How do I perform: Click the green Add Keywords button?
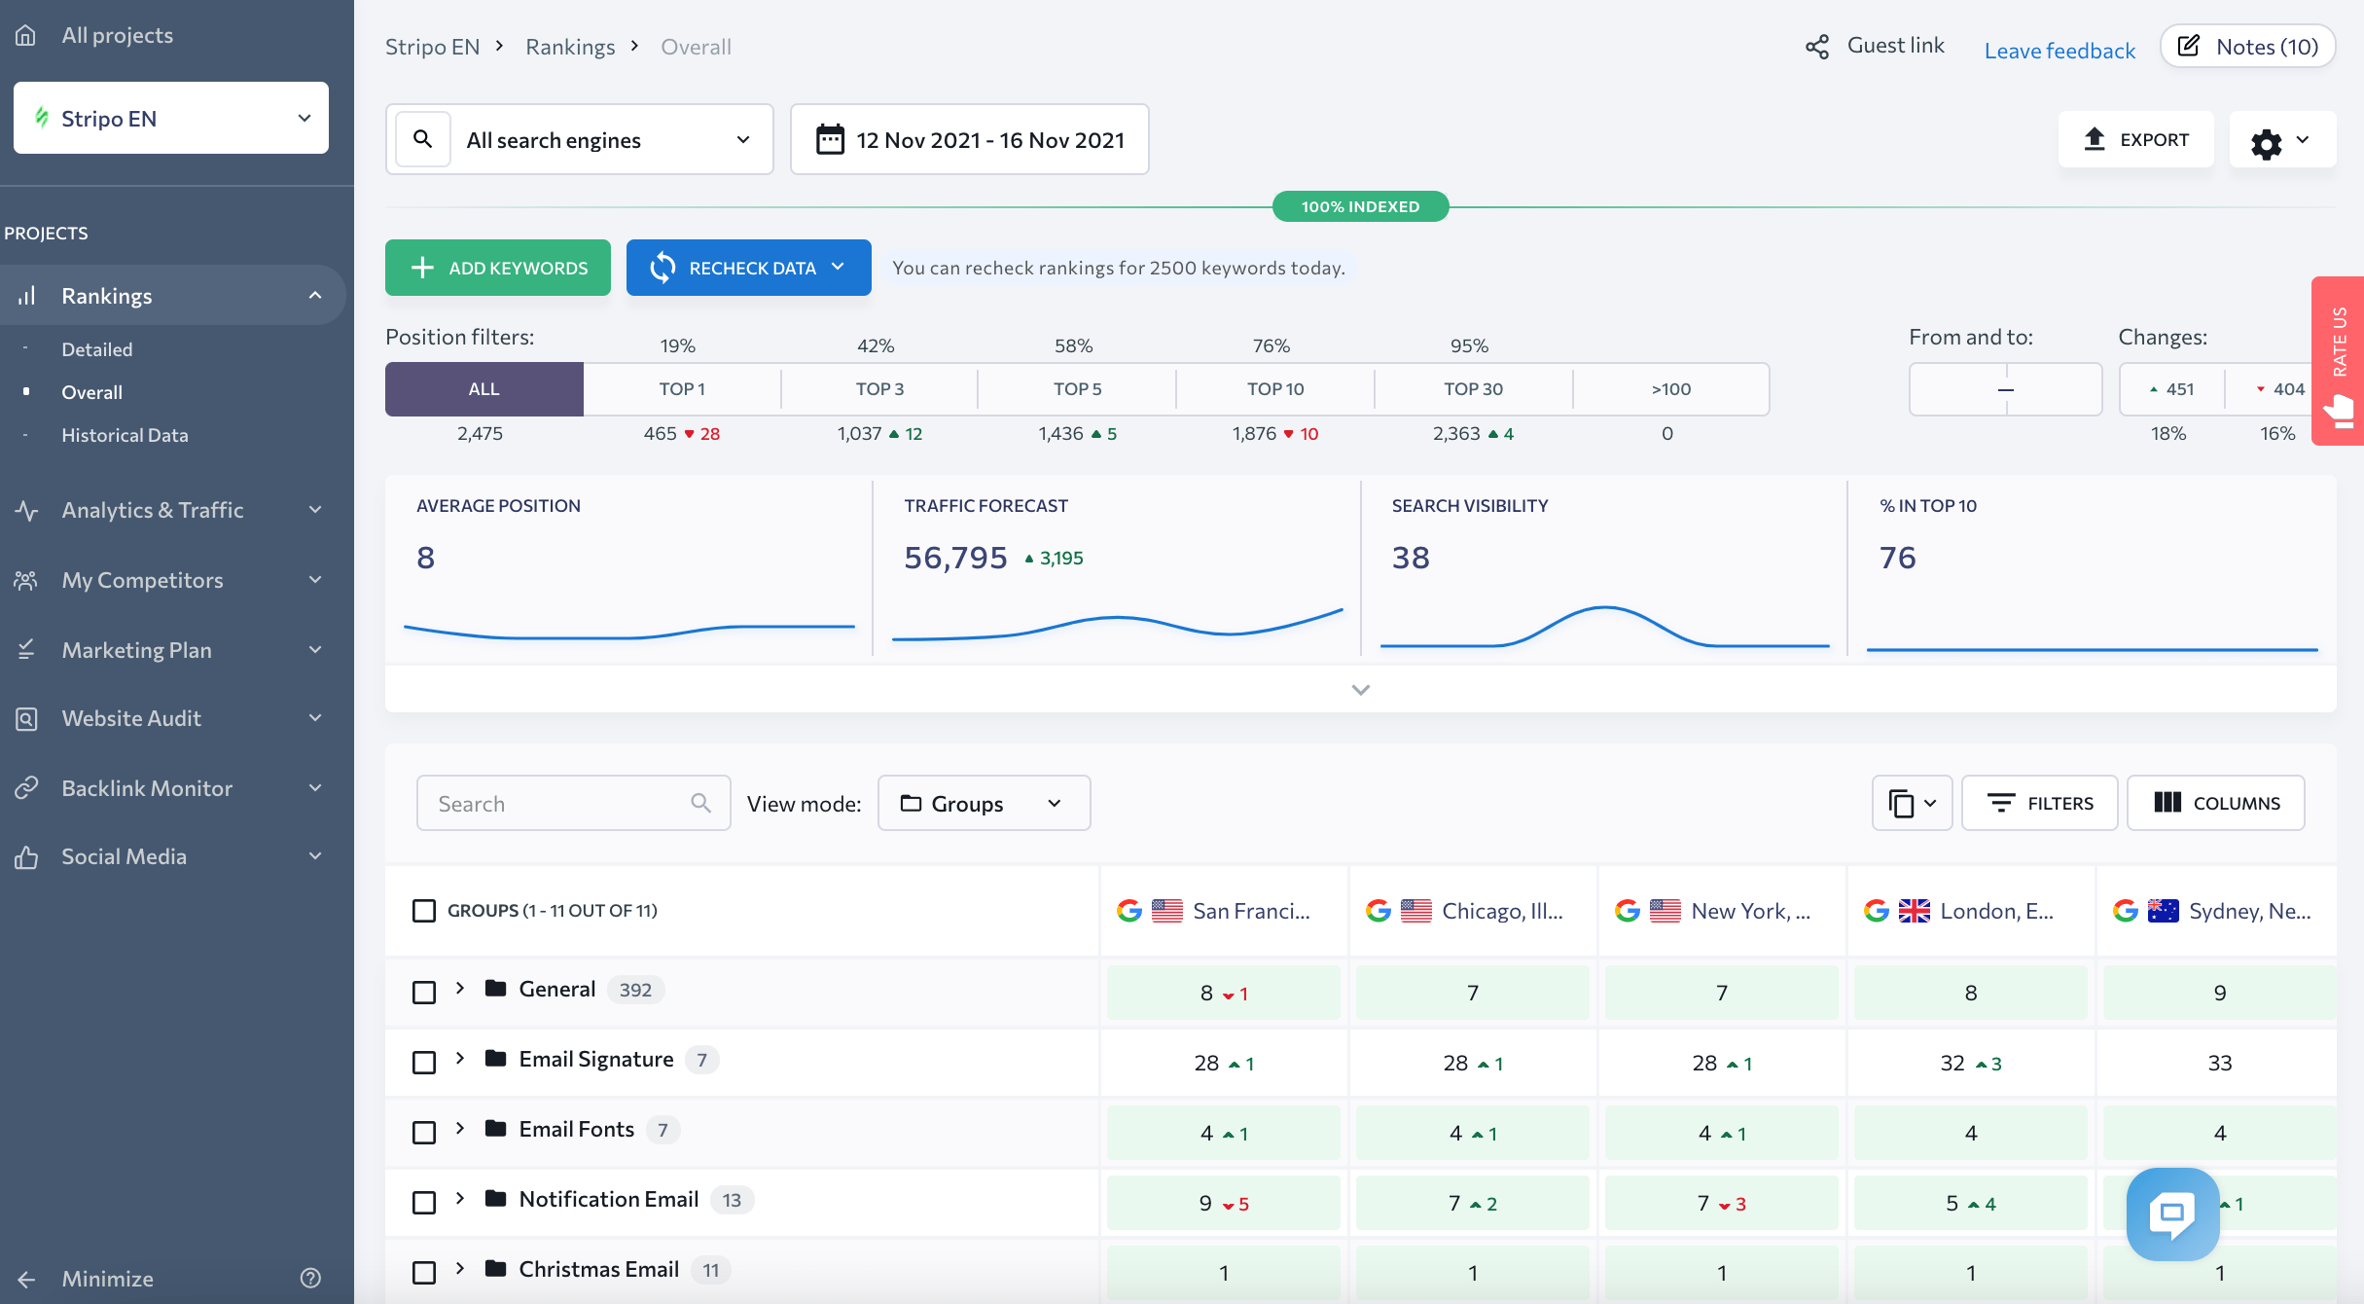click(x=498, y=268)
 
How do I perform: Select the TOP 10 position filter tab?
click(x=1274, y=389)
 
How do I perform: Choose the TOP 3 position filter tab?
click(x=879, y=389)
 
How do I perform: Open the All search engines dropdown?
click(x=607, y=140)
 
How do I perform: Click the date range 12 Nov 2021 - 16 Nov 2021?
click(x=970, y=140)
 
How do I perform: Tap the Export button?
click(x=2135, y=140)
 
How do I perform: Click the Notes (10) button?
click(x=2247, y=47)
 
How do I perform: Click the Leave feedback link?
click(x=2060, y=51)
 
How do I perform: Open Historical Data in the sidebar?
click(x=125, y=435)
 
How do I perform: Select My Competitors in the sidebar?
click(x=142, y=580)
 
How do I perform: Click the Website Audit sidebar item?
click(x=131, y=718)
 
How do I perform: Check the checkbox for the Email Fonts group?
click(x=424, y=1133)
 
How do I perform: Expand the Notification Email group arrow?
click(x=460, y=1199)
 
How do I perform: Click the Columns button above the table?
click(x=2215, y=803)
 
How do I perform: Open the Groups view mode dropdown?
click(x=984, y=803)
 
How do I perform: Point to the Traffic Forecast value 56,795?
click(x=955, y=558)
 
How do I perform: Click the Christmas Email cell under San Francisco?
click(x=1223, y=1272)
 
